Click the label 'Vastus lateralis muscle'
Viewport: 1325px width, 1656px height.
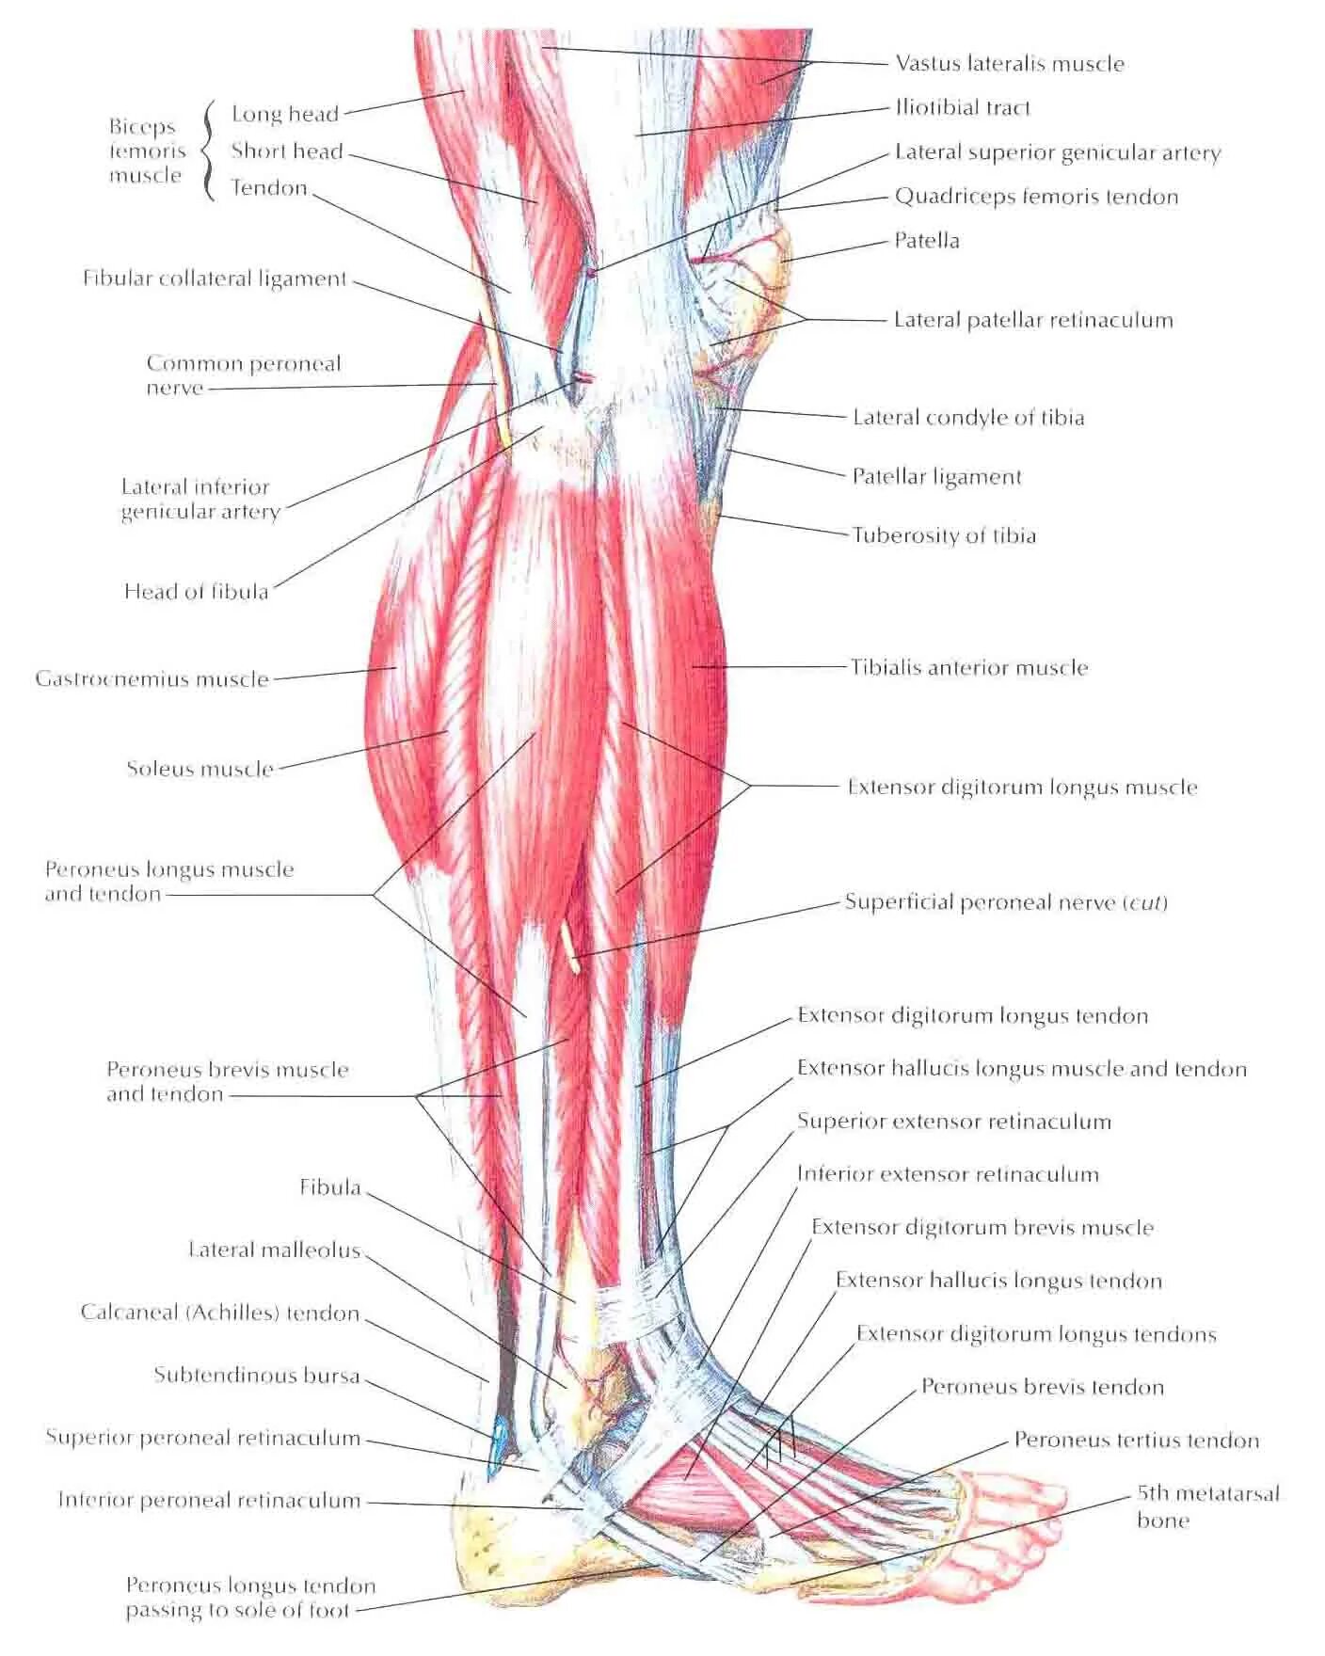(1010, 64)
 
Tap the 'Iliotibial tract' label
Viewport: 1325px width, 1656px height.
(962, 108)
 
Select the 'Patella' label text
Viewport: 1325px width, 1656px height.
(927, 241)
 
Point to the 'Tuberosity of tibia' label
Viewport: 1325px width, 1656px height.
(944, 535)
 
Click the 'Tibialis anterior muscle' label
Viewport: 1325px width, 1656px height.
(969, 668)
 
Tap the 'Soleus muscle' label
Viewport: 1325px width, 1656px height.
(200, 769)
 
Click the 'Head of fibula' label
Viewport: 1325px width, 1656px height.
(197, 592)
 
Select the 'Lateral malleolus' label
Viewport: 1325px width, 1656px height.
(275, 1250)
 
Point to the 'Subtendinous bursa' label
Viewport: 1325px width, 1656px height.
(257, 1376)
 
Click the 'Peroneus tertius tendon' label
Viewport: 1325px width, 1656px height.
(1136, 1441)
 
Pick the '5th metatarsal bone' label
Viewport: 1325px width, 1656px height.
(1207, 1506)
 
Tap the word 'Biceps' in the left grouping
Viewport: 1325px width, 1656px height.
(142, 127)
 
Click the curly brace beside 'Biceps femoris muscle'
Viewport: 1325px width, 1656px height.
(207, 151)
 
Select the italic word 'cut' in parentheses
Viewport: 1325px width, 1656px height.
(1146, 903)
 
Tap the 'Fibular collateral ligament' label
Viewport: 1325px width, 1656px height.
(215, 279)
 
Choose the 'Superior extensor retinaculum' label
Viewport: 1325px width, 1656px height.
(954, 1122)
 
